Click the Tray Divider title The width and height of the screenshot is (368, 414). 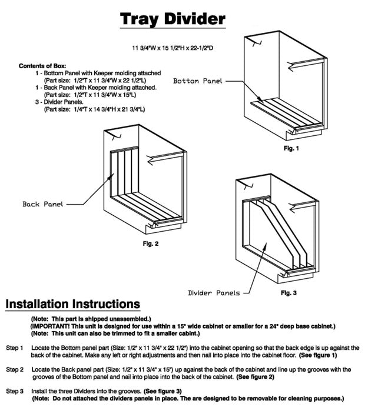click(173, 19)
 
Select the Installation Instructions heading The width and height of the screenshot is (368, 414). click(72, 304)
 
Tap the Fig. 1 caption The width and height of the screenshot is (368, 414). click(291, 149)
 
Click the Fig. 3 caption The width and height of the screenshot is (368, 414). click(289, 292)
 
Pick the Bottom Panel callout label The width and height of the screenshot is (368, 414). click(198, 80)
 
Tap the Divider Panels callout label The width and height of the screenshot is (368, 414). click(214, 292)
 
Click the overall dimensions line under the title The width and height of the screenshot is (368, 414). click(172, 46)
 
